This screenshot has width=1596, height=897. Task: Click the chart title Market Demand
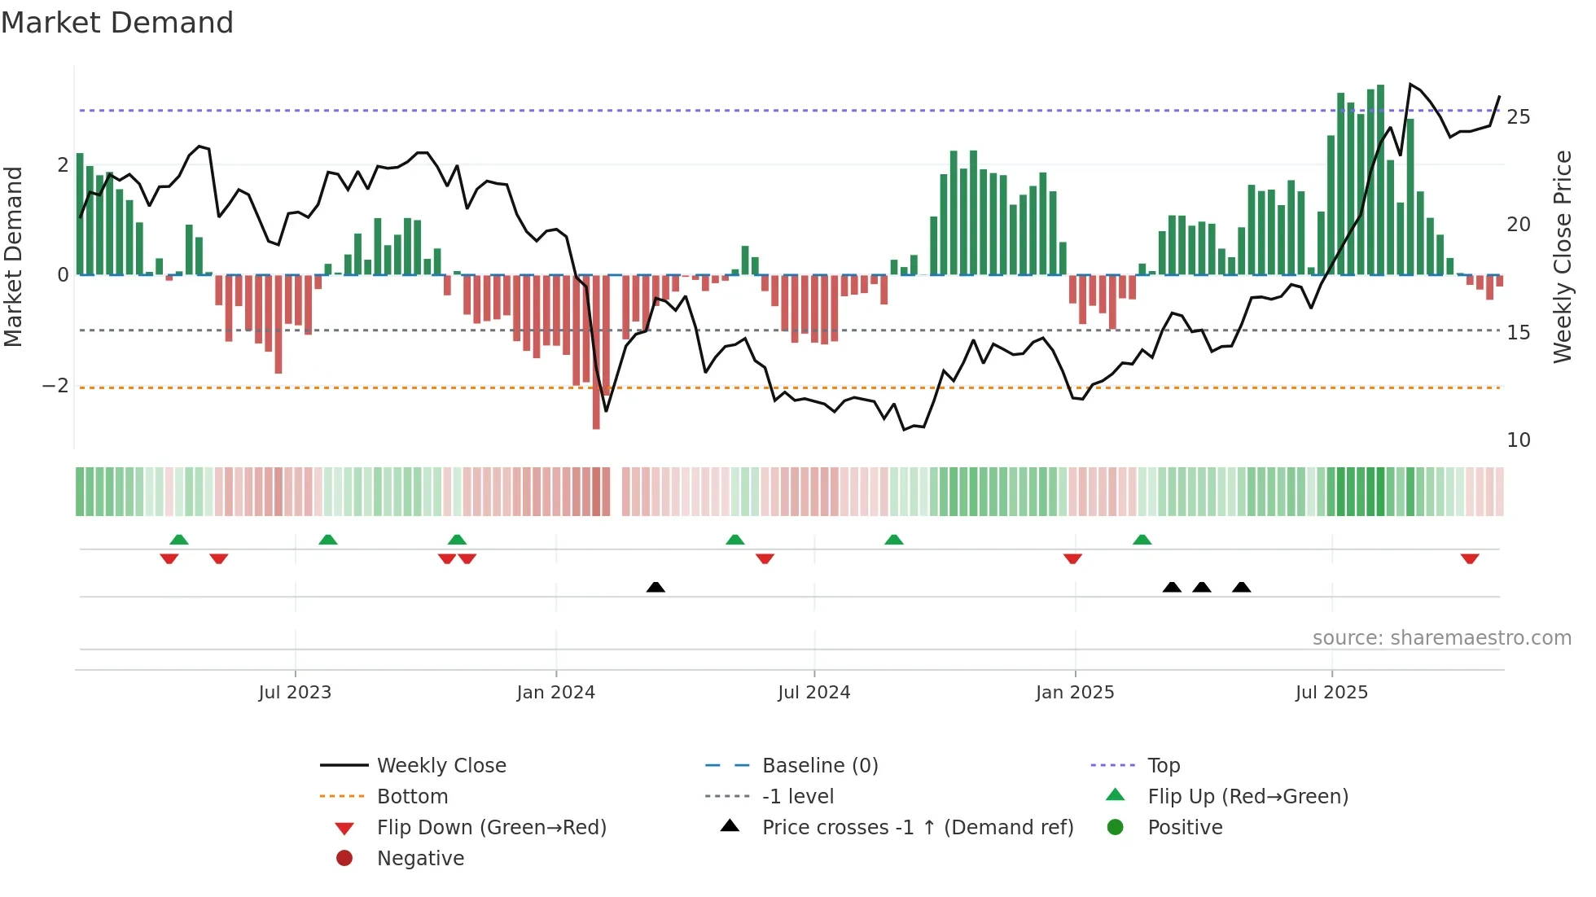tap(117, 23)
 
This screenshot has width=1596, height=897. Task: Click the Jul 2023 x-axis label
tap(295, 693)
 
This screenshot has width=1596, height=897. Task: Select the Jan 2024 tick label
tap(556, 693)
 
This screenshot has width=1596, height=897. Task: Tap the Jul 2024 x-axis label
tap(813, 693)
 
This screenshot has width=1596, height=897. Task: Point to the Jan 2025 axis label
tap(1075, 693)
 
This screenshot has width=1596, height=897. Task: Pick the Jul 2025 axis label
tap(1331, 693)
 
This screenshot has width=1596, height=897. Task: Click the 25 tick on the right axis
tap(1518, 117)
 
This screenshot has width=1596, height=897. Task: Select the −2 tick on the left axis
tap(56, 386)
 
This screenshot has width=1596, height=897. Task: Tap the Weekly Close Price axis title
tap(1562, 256)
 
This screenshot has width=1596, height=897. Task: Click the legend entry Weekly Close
tap(441, 766)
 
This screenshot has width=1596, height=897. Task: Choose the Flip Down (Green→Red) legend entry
tap(491, 828)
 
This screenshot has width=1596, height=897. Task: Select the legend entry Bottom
tap(412, 797)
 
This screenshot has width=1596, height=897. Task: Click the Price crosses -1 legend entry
tap(918, 828)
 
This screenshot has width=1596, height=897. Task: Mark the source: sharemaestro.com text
tap(1441, 638)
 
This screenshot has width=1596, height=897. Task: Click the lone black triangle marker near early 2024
tap(655, 587)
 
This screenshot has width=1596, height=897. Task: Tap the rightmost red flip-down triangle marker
tap(1470, 558)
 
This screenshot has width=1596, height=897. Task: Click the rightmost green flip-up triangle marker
tap(1142, 540)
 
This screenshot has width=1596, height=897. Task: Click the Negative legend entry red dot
tap(344, 859)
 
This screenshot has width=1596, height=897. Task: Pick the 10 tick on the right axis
tap(1518, 440)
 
